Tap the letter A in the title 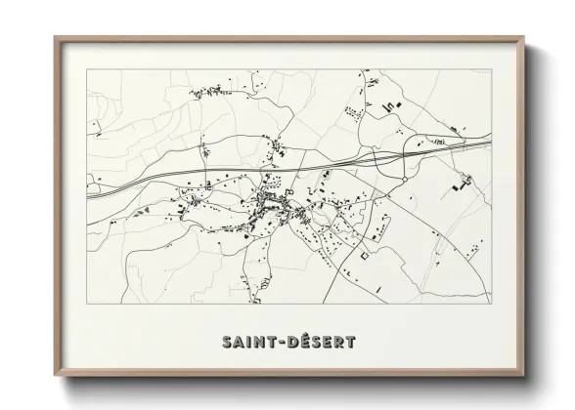pos(240,343)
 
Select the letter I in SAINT pos(250,343)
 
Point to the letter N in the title pos(261,343)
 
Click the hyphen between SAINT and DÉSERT pos(287,343)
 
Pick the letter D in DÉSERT pos(298,343)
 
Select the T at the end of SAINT pos(275,343)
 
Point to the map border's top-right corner pos(490,70)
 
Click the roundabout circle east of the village pos(403,179)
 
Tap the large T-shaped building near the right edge pos(462,181)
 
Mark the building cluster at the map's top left pos(207,93)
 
